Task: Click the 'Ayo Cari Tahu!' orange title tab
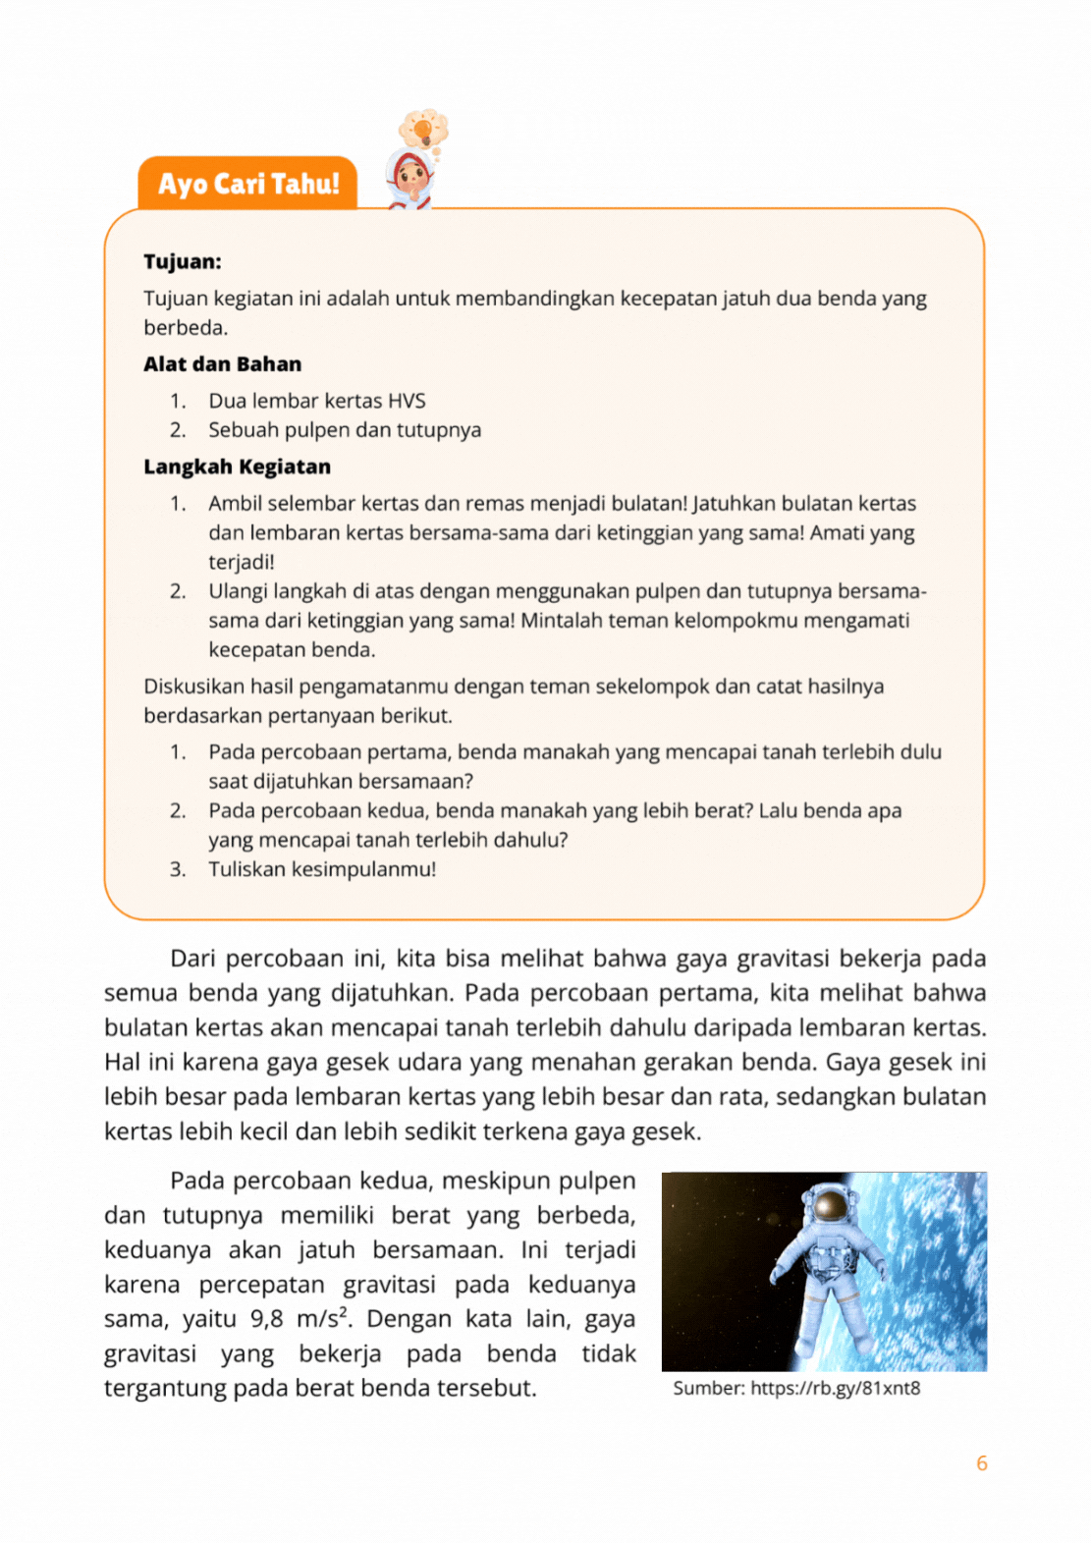click(x=247, y=184)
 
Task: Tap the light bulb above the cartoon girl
click(x=423, y=129)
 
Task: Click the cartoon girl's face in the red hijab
click(x=410, y=179)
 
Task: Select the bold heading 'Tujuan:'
click(x=183, y=261)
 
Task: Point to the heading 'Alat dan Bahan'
click(x=222, y=364)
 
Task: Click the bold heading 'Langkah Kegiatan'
click(x=237, y=467)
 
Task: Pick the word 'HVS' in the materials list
click(x=407, y=401)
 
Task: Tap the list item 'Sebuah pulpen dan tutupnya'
click(x=345, y=430)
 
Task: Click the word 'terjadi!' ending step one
click(x=241, y=562)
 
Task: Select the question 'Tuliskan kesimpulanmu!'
click(x=322, y=869)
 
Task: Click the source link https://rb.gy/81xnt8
click(x=835, y=1389)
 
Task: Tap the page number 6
click(x=981, y=1463)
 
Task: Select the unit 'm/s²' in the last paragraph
click(x=324, y=1319)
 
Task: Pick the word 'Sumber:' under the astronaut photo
click(x=708, y=1389)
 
